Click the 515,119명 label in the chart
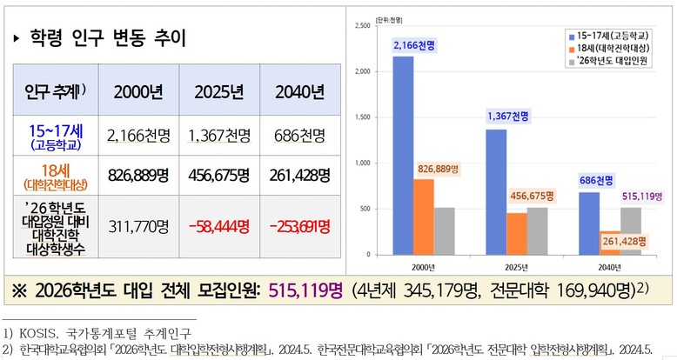pyautogui.click(x=642, y=197)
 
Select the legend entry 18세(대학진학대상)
pyautogui.click(x=613, y=48)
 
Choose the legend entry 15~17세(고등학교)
pyautogui.click(x=613, y=35)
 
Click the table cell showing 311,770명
pyautogui.click(x=138, y=226)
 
